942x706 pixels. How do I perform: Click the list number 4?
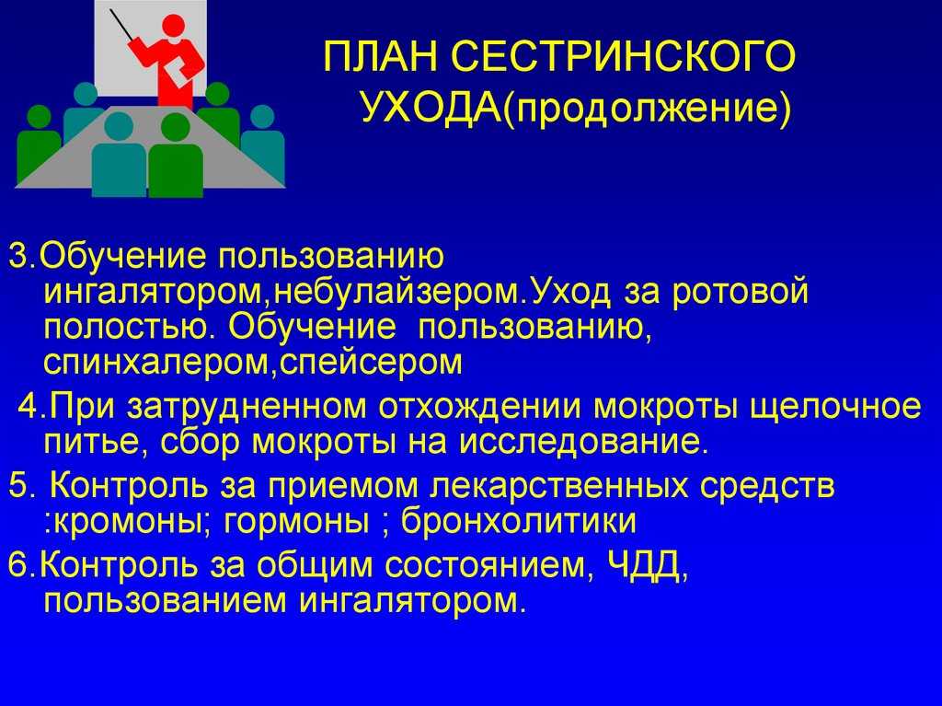(x=30, y=407)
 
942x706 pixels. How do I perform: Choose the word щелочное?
(x=835, y=408)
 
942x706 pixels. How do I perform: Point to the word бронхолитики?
(x=519, y=521)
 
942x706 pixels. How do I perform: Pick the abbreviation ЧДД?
(x=645, y=566)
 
